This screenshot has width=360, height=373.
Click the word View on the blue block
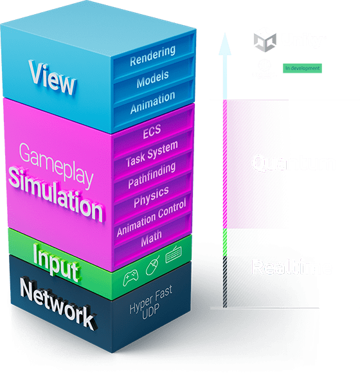52,77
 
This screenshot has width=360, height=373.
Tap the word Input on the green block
55,262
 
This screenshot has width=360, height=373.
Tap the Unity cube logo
265,40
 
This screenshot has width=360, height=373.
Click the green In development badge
303,68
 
